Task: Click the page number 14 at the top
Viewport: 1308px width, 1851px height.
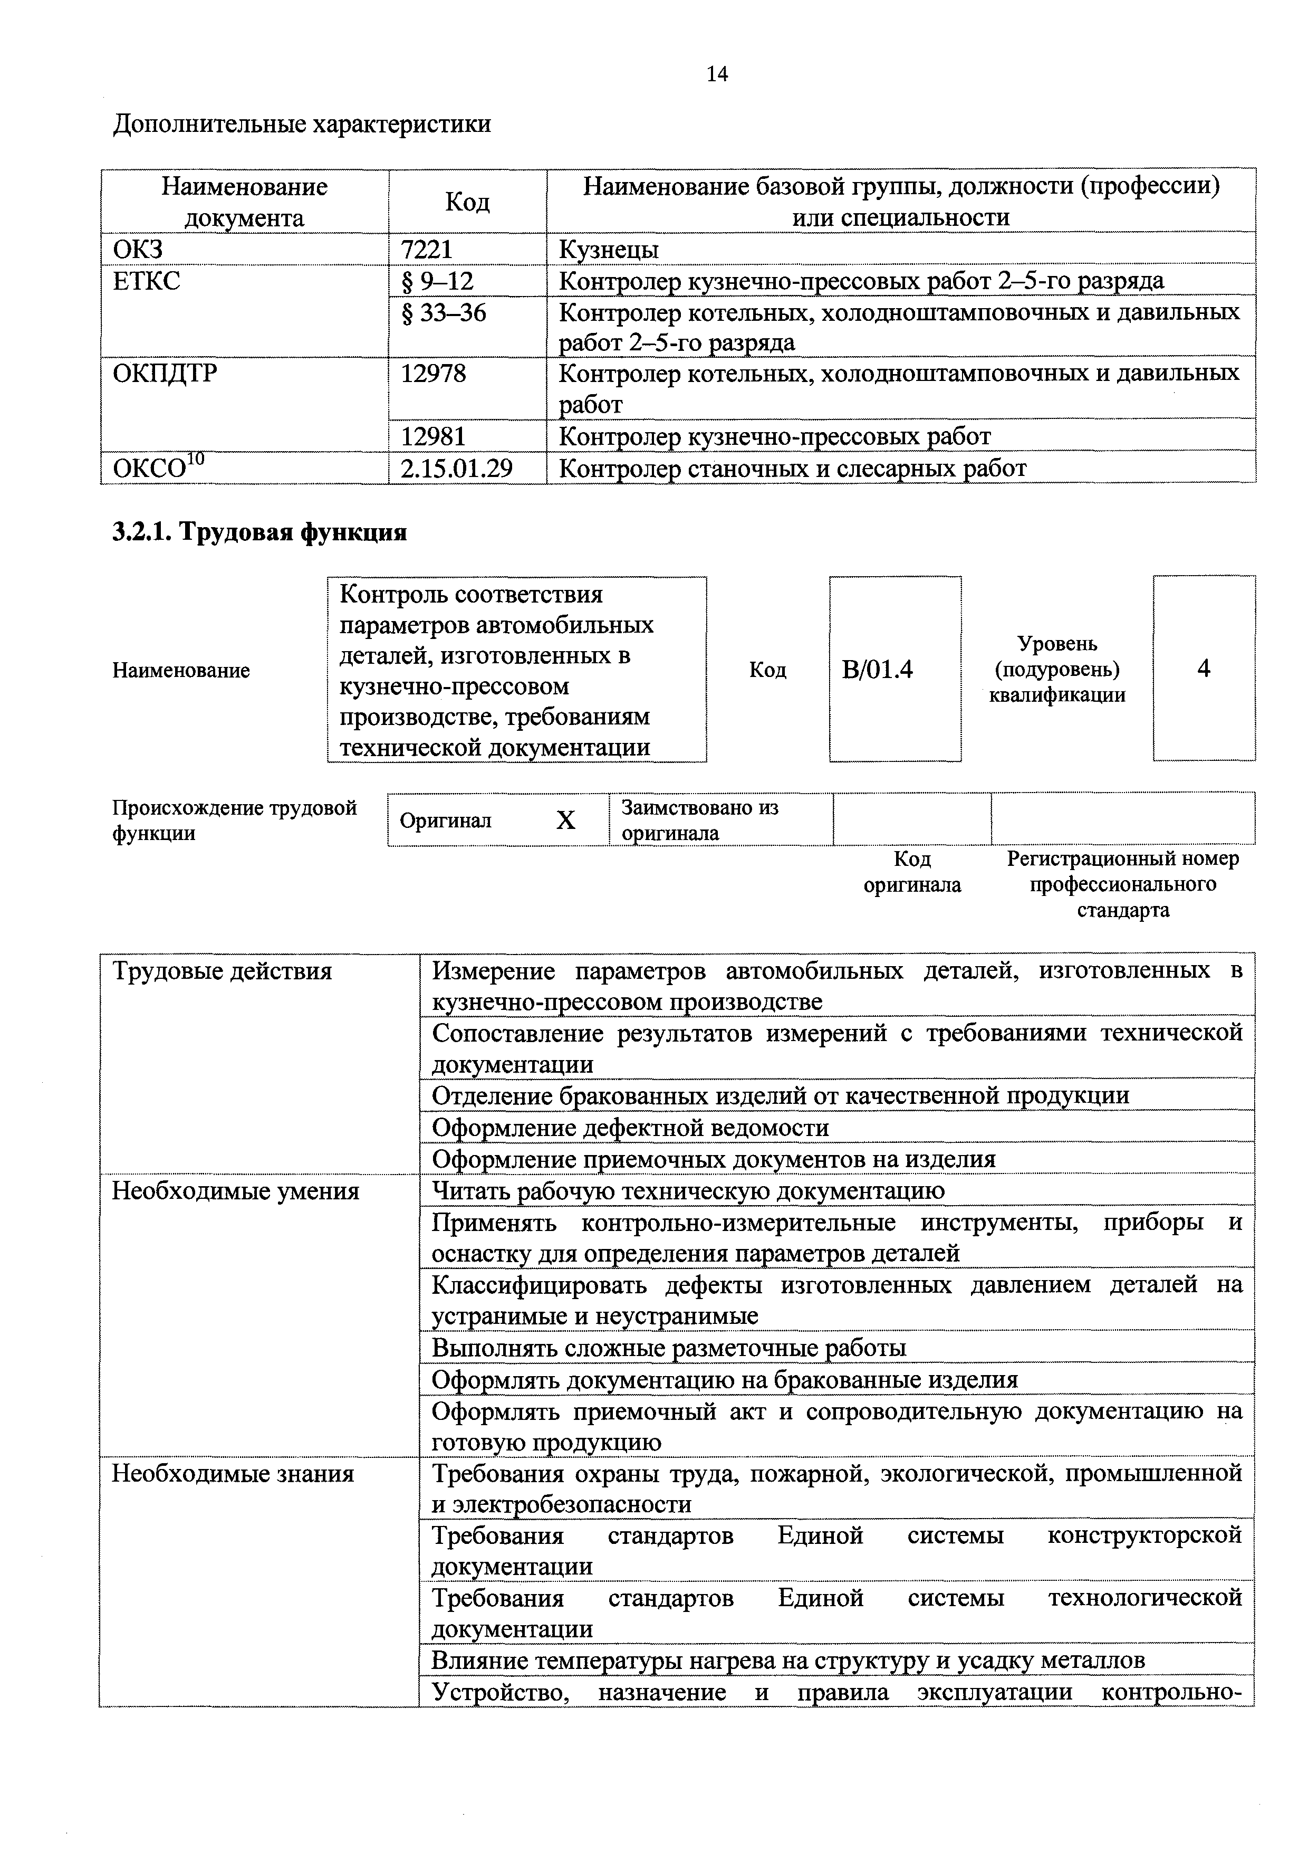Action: click(716, 74)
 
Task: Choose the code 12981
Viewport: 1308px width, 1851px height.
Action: click(433, 436)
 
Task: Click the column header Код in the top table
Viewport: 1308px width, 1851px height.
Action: click(467, 202)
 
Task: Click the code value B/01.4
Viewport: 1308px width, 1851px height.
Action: click(877, 669)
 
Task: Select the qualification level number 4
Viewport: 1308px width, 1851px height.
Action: click(1204, 669)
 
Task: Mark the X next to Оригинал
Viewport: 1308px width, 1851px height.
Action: click(566, 820)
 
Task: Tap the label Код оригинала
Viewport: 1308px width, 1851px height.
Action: click(912, 872)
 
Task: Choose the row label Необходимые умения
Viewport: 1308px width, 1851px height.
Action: click(235, 1191)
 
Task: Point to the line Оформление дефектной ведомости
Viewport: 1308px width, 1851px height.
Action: click(630, 1128)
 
